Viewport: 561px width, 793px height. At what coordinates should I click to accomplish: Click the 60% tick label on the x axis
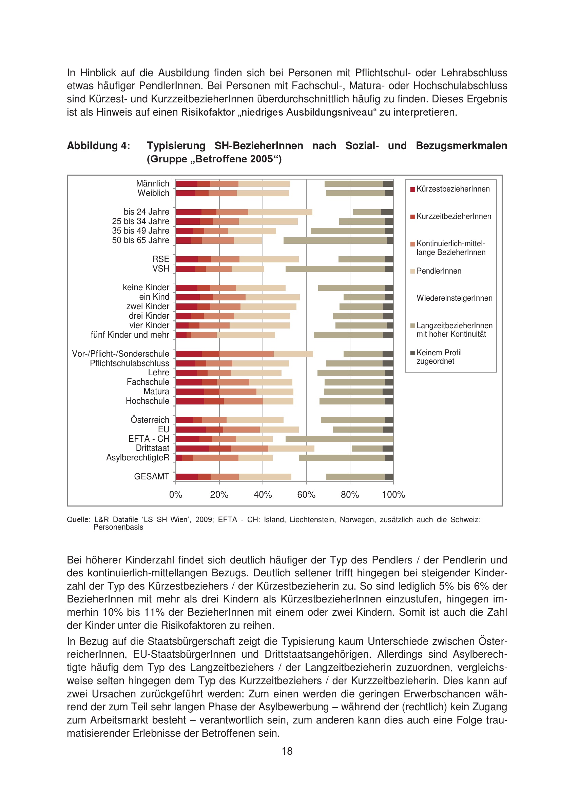pyautogui.click(x=306, y=495)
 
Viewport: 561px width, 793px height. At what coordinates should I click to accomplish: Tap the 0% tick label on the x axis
pyautogui.click(x=175, y=495)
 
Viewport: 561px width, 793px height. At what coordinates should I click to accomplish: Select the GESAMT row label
pyautogui.click(x=152, y=476)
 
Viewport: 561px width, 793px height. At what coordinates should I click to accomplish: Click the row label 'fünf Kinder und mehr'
pyautogui.click(x=130, y=335)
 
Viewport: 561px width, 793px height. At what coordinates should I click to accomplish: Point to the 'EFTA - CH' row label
pyautogui.click(x=149, y=439)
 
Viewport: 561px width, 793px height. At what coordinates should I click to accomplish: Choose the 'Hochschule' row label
pyautogui.click(x=148, y=401)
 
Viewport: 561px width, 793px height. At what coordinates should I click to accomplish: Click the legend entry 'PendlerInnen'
pyautogui.click(x=439, y=271)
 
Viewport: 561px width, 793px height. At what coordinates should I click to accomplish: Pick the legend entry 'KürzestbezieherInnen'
pyautogui.click(x=453, y=189)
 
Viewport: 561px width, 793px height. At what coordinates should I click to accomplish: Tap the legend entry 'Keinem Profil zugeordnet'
pyautogui.click(x=439, y=357)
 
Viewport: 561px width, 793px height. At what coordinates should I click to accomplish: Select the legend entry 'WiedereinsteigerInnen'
pyautogui.click(x=454, y=298)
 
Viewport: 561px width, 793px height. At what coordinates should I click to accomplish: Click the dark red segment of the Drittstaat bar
pyautogui.click(x=192, y=448)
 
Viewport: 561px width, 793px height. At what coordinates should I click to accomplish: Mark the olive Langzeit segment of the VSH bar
pyautogui.click(x=335, y=269)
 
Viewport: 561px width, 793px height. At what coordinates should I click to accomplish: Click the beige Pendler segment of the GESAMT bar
pyautogui.click(x=265, y=477)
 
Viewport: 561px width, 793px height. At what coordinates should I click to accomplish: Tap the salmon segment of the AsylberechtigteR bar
pyautogui.click(x=216, y=458)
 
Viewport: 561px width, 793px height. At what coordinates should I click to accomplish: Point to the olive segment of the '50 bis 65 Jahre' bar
pyautogui.click(x=335, y=240)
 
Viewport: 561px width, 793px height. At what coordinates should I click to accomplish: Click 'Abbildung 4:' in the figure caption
pyautogui.click(x=98, y=146)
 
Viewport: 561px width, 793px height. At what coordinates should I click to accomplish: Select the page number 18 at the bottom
pyautogui.click(x=287, y=751)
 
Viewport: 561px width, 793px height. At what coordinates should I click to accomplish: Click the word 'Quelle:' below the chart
pyautogui.click(x=78, y=519)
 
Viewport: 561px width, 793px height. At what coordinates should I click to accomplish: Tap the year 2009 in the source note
pyautogui.click(x=204, y=519)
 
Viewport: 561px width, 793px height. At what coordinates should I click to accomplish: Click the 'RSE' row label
pyautogui.click(x=161, y=259)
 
